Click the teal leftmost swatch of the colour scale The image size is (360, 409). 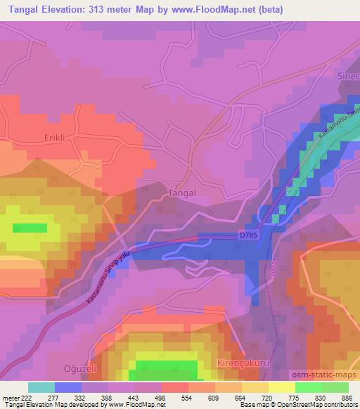coord(41,387)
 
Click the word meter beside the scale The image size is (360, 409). coord(9,397)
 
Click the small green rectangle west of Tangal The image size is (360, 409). coord(30,228)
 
